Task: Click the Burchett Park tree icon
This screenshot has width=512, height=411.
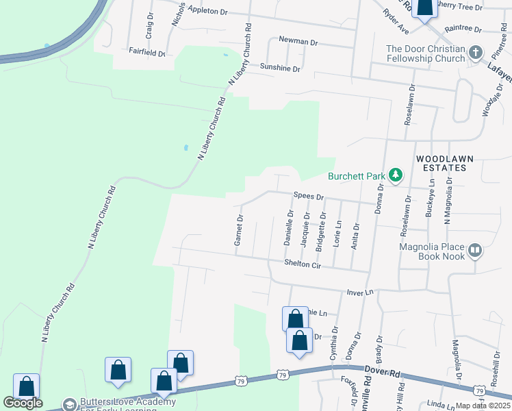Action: click(395, 176)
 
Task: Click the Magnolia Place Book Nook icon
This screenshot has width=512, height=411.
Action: click(476, 251)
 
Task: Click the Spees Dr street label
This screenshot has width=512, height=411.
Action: click(308, 196)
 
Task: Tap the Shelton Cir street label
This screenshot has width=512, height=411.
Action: click(303, 262)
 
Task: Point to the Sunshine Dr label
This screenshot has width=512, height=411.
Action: click(280, 68)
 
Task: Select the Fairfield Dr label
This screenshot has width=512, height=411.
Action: click(147, 51)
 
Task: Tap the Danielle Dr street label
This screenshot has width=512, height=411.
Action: click(288, 229)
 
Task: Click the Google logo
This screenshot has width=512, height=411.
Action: click(23, 403)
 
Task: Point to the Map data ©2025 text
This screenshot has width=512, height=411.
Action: click(482, 406)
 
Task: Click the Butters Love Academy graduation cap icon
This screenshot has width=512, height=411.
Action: click(69, 404)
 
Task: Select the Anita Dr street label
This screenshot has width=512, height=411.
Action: click(355, 236)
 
